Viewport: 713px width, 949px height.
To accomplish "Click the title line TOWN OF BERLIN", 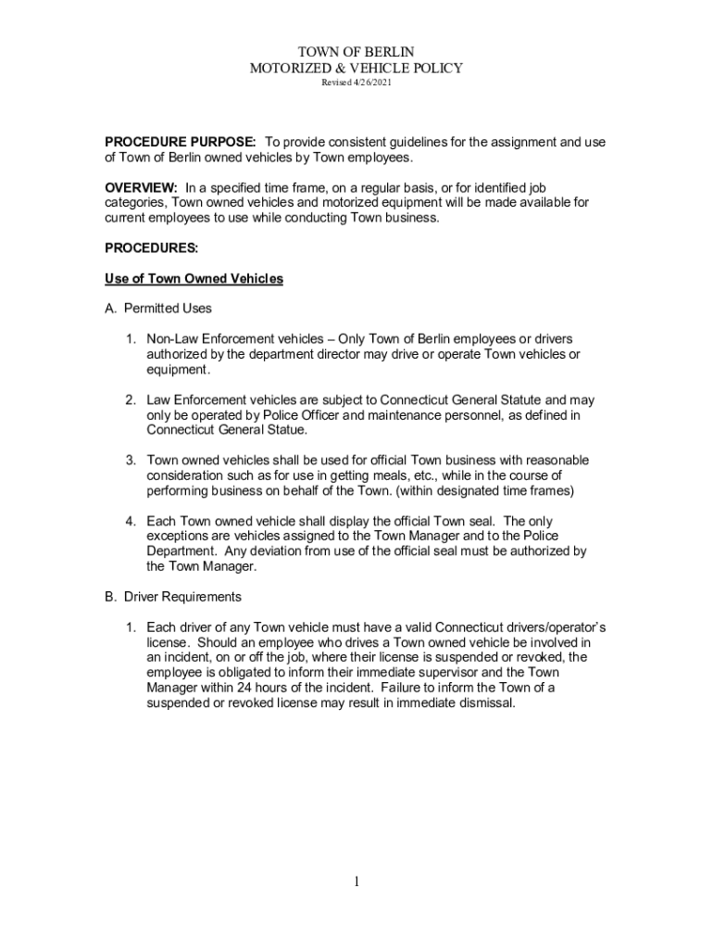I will click(356, 52).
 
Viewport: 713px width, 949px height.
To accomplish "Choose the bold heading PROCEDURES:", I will click(151, 247).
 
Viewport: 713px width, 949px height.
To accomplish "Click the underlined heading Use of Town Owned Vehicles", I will click(194, 278).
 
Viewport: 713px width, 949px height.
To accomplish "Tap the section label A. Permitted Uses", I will click(158, 309).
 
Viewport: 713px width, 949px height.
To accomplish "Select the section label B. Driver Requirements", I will click(173, 596).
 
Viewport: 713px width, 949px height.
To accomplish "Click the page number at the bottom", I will click(356, 881).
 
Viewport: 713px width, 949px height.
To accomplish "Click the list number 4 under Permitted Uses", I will click(131, 521).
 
